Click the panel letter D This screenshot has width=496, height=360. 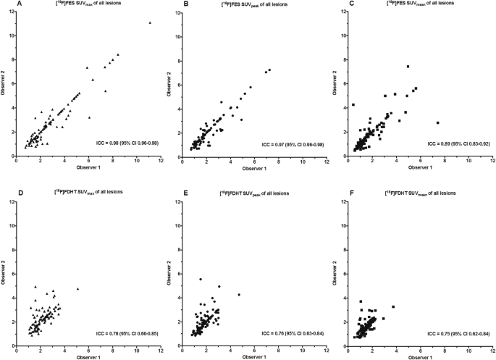click(x=9, y=191)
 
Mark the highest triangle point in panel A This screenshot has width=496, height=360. click(x=150, y=22)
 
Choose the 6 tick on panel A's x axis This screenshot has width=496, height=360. click(x=88, y=162)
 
